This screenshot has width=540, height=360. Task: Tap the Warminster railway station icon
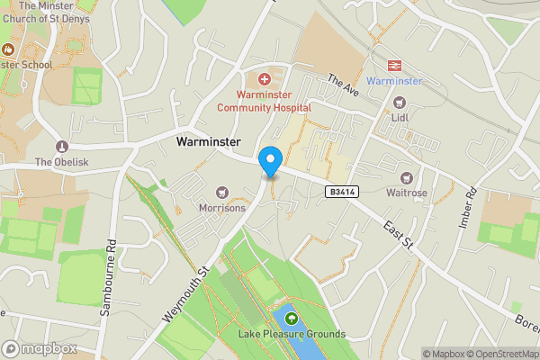394,66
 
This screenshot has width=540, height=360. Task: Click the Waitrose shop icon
407,177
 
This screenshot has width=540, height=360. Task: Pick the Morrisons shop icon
222,192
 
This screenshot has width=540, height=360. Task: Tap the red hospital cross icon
265,80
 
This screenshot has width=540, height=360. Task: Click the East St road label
396,233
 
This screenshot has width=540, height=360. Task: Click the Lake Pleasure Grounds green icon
292,319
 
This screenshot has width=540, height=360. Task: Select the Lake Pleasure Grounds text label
292,335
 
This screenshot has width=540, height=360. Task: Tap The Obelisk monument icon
62,147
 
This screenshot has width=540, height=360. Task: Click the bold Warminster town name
208,142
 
